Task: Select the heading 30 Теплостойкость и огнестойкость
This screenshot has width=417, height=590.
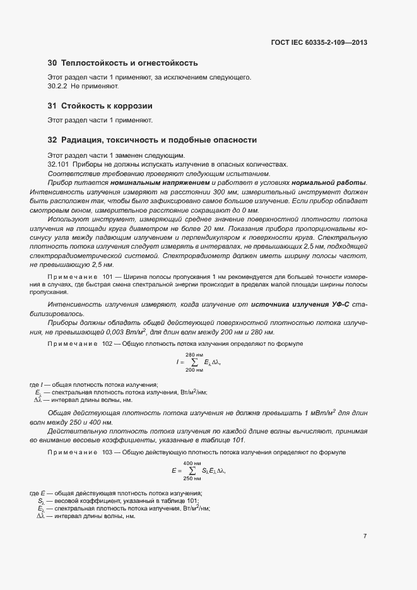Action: [123, 63]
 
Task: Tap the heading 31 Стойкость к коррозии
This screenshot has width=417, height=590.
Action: [100, 105]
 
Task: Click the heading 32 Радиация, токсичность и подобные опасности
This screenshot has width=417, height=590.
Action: [152, 139]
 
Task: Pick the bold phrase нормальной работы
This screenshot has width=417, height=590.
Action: [335, 182]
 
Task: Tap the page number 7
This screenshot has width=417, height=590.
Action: [365, 536]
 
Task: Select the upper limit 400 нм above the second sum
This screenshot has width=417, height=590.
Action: [192, 464]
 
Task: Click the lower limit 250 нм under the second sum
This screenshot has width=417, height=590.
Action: [192, 478]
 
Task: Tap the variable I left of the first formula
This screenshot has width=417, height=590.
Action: [177, 363]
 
